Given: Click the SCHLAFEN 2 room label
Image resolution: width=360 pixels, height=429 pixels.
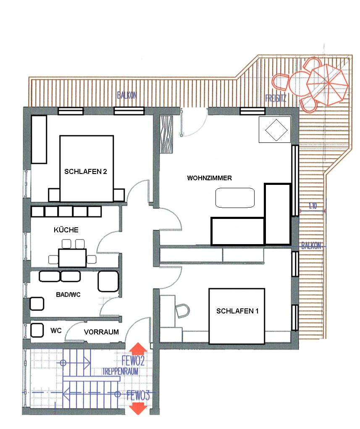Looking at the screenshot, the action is [x=85, y=171].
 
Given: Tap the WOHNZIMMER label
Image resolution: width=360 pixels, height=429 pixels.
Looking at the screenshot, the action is [x=210, y=178].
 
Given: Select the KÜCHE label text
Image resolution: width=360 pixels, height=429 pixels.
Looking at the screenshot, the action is [x=66, y=229].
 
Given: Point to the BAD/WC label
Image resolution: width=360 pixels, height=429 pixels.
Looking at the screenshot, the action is [x=68, y=295].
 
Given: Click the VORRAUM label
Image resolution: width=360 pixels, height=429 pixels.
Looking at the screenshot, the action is [x=101, y=332].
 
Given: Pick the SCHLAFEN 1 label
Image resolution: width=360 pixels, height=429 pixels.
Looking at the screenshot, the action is [x=237, y=311].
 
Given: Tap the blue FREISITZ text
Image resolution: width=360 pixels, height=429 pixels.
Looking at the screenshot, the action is [x=276, y=98].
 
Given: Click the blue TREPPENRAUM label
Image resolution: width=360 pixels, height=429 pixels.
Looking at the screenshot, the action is [x=121, y=371].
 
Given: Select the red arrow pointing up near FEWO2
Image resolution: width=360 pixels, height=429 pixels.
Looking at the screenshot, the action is [x=138, y=349].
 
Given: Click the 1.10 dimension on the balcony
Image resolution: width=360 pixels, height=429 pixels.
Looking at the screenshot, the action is [x=313, y=206].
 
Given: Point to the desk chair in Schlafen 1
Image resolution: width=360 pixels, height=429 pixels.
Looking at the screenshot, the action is [x=182, y=311].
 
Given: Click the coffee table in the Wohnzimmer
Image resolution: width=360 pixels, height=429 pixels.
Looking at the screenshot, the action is [x=235, y=198].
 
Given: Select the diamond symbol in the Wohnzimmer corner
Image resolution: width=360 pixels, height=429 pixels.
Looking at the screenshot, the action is [x=276, y=130].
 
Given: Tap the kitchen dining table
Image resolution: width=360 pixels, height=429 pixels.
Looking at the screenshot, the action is [x=72, y=258].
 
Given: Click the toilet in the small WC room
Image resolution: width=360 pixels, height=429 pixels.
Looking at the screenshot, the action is [x=37, y=330].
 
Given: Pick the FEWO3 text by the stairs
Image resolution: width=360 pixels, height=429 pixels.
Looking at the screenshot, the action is [x=139, y=395].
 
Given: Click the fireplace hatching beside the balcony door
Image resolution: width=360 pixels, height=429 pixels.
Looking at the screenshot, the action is [x=166, y=134].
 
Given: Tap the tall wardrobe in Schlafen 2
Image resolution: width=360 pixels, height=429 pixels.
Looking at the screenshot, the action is [x=39, y=139].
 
